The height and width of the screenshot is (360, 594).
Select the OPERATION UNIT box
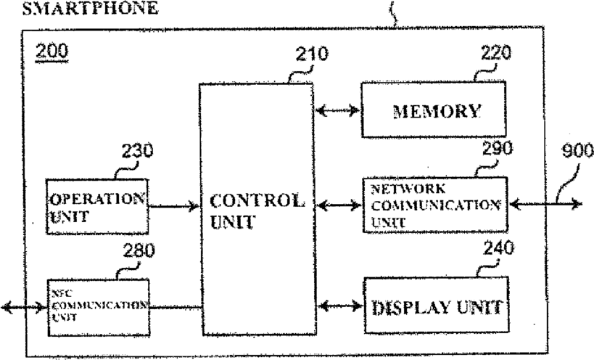click(x=96, y=206)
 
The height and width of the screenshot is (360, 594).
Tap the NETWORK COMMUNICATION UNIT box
click(x=432, y=205)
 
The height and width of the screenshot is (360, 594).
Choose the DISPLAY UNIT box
click(x=432, y=306)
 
